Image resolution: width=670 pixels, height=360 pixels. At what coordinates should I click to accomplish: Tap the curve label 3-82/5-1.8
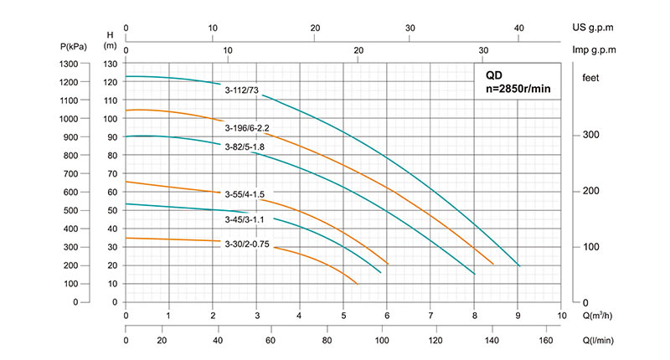pyautogui.click(x=245, y=147)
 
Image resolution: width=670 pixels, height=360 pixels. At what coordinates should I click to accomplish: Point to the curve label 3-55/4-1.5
pyautogui.click(x=245, y=193)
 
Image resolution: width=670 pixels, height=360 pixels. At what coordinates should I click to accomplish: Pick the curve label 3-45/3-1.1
pyautogui.click(x=245, y=219)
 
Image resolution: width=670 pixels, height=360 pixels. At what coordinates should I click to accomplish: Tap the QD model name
pyautogui.click(x=494, y=75)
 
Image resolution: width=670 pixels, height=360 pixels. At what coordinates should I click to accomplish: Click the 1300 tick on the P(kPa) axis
pyautogui.click(x=68, y=64)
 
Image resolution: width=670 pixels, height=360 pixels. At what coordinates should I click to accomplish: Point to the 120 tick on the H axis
pyautogui.click(x=110, y=82)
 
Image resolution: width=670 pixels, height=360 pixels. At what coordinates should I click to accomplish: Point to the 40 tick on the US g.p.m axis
pyautogui.click(x=518, y=28)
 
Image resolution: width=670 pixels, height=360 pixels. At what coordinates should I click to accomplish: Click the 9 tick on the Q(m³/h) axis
pyautogui.click(x=518, y=316)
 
